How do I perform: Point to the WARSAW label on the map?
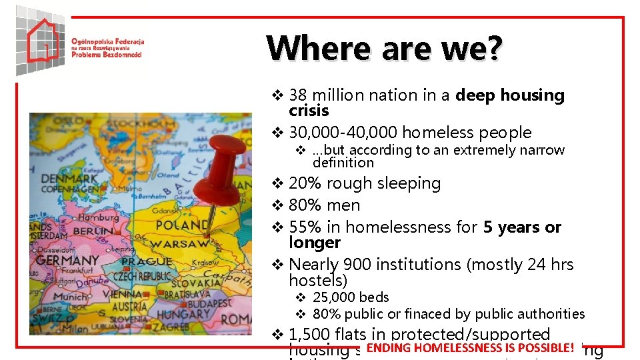179,244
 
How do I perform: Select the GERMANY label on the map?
67,260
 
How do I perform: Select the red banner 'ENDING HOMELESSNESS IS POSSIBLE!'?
469,347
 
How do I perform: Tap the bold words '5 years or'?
522,227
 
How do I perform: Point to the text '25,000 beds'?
351,297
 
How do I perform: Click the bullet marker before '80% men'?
279,205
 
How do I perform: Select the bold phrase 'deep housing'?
510,95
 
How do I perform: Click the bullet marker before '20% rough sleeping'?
279,183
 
